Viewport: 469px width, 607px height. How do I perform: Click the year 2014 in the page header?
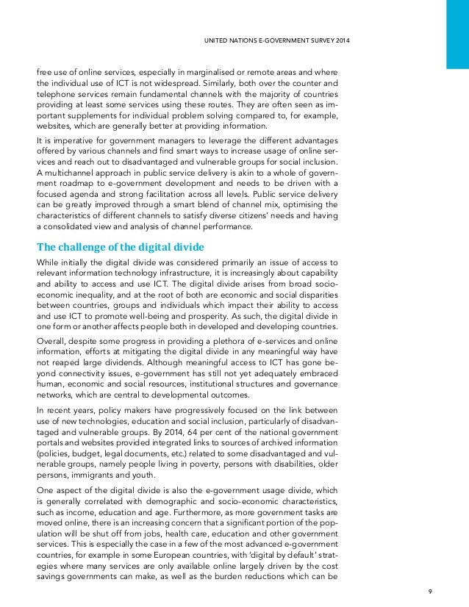click(340, 38)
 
